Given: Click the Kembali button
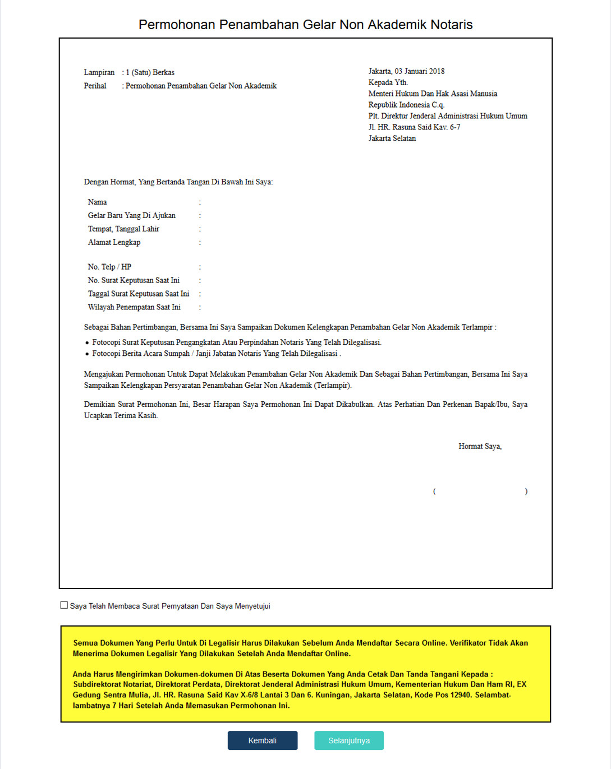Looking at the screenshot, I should click(262, 740).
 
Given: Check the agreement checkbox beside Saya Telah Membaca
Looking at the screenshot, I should click(64, 605).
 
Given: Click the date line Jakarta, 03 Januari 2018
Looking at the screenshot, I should click(406, 71).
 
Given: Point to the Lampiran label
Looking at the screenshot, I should click(99, 72).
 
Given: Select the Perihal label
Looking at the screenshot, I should click(95, 86).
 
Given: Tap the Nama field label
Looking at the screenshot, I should click(97, 202).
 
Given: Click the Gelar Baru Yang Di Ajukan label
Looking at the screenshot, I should click(132, 215).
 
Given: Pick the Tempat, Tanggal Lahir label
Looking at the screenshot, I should click(123, 229).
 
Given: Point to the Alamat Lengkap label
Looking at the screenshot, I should click(114, 242).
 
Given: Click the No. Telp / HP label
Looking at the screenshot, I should click(109, 267).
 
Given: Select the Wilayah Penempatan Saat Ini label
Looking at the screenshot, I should click(134, 307).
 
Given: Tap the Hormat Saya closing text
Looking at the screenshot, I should click(480, 446).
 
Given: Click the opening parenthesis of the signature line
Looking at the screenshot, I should click(434, 492).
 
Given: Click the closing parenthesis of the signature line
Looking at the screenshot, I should click(526, 492).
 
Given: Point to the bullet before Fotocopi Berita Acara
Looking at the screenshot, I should click(87, 354).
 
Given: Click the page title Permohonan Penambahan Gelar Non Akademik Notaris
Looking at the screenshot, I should click(305, 25).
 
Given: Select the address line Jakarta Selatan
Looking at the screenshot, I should click(392, 138).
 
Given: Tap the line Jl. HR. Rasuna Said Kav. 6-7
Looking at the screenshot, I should click(414, 127).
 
